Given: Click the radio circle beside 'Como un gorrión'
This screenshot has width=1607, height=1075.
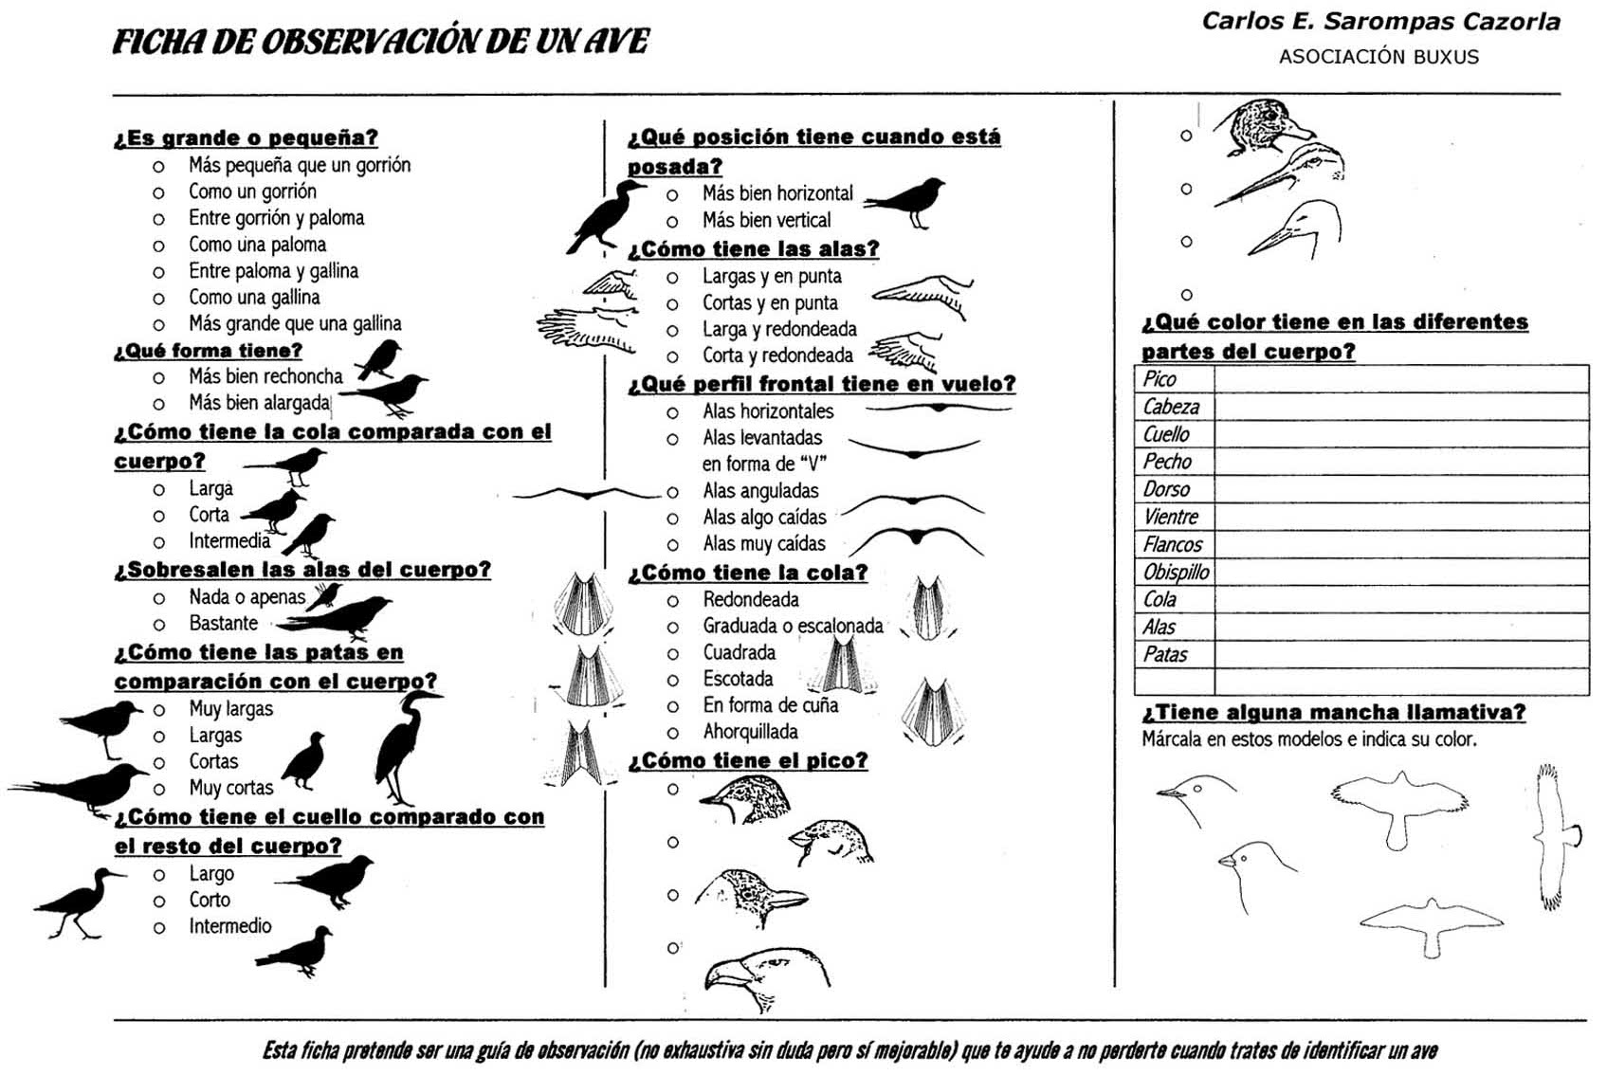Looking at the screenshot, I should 158,192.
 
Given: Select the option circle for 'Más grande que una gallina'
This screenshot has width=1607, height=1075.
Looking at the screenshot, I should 158,325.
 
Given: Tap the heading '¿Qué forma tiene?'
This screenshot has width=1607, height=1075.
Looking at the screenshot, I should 208,351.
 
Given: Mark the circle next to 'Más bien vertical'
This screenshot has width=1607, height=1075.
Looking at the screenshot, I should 672,222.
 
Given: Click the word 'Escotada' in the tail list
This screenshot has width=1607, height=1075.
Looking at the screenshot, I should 738,679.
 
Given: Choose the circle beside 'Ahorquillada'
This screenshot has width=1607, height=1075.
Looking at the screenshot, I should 672,733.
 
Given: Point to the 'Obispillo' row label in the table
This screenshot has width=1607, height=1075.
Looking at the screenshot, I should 1176,572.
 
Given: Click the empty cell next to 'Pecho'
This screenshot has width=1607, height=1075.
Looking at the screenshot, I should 1400,462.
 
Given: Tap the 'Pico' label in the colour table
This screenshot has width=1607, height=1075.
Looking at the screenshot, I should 1160,379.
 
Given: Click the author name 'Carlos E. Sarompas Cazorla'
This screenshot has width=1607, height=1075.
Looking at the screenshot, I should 1380,21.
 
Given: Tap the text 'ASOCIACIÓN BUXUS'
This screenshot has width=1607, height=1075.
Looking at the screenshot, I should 1379,57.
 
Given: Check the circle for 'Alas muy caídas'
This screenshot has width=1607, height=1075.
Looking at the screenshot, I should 672,545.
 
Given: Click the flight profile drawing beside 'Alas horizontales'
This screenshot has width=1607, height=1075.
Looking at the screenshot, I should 939,408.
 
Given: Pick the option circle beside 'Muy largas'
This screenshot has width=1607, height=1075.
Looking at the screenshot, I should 159,710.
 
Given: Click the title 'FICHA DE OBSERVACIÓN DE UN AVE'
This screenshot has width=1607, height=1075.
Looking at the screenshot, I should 381,42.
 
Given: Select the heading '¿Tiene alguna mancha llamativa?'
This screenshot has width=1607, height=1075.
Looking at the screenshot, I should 1333,712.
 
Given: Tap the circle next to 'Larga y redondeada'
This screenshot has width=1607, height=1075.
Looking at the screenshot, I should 672,331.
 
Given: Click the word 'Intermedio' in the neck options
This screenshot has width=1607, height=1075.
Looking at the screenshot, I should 229,926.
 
